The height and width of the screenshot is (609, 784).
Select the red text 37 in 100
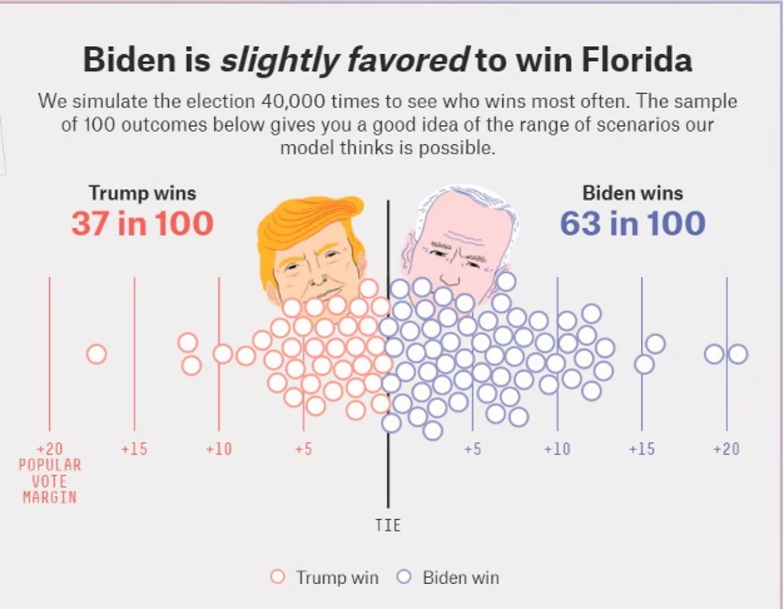tap(142, 224)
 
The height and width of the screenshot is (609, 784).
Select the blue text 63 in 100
tap(632, 224)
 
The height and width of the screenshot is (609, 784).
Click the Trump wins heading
tap(142, 193)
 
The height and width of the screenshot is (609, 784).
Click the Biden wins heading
tap(632, 193)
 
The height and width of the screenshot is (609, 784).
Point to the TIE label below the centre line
tap(388, 525)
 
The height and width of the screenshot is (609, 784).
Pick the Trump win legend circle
tap(278, 577)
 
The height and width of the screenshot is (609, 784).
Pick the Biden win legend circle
tap(404, 577)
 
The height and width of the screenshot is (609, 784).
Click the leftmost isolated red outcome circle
tap(97, 354)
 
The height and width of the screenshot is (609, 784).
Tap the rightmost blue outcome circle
tap(738, 354)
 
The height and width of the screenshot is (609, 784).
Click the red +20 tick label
tap(50, 449)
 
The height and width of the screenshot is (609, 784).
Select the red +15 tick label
tap(134, 449)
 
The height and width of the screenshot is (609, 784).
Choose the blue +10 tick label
tap(557, 449)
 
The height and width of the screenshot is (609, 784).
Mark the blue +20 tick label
tap(726, 449)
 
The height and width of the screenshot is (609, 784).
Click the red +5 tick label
tap(303, 449)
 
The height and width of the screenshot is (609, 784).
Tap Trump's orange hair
tap(302, 224)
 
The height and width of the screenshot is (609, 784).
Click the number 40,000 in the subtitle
tap(293, 101)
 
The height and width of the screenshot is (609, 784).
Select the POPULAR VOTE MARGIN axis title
tap(50, 481)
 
